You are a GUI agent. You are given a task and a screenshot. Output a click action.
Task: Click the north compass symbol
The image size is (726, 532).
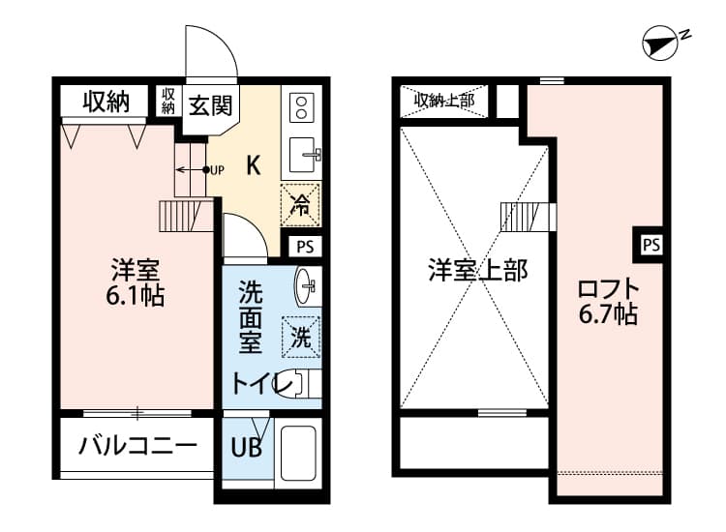[662, 41]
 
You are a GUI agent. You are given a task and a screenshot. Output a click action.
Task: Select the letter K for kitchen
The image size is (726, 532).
[252, 164]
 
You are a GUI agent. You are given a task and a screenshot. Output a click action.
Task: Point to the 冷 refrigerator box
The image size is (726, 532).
[302, 204]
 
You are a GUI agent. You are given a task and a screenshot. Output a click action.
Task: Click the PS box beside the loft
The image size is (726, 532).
[651, 245]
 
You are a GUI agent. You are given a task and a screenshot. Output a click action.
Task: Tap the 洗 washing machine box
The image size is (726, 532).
[302, 338]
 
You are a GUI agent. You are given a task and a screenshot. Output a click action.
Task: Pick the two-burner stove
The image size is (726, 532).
[300, 105]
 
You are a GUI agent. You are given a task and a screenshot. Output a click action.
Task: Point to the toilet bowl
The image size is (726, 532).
[305, 385]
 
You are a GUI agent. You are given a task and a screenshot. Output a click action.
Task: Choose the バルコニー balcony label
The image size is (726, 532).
[138, 447]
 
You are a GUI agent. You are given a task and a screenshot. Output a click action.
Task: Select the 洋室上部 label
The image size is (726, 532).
[478, 270]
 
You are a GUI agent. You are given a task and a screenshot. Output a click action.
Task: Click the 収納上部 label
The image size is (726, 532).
[444, 100]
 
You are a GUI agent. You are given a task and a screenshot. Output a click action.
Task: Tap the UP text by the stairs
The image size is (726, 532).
[217, 171]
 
